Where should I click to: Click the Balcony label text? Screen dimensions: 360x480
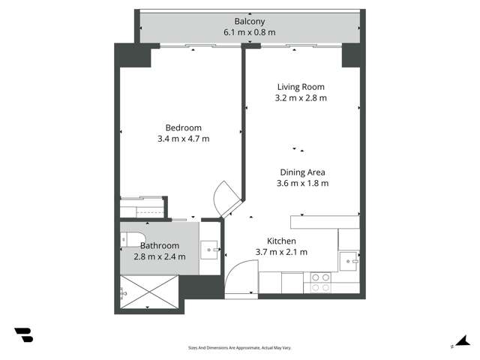[x=248, y=22]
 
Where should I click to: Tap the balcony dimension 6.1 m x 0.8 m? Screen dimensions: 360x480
[x=248, y=32]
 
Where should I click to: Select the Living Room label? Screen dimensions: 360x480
[x=301, y=87]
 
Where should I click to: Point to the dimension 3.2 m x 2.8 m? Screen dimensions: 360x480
[x=301, y=97]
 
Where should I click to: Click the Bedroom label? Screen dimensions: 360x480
[x=184, y=127]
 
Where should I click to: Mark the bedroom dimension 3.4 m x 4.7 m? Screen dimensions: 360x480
[x=184, y=139]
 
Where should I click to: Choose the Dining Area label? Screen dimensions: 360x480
[x=302, y=172]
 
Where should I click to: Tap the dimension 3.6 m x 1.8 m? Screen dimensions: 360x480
[x=302, y=182]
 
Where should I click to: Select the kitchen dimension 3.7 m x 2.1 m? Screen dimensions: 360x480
[x=281, y=252]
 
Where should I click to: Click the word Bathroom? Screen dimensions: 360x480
[x=159, y=245]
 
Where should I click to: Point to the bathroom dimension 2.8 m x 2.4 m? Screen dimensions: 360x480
[x=159, y=256]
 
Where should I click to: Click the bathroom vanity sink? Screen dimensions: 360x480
[x=210, y=247]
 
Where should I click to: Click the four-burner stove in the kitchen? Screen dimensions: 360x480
[x=321, y=282]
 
